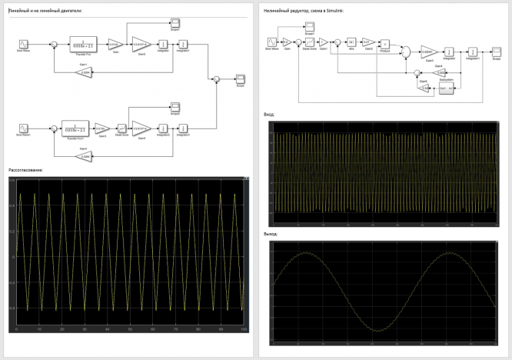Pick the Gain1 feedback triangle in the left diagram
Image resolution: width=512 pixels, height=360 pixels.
click(x=87, y=72)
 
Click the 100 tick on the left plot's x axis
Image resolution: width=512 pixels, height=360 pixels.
click(x=244, y=329)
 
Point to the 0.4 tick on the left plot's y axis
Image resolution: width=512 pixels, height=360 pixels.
click(x=12, y=205)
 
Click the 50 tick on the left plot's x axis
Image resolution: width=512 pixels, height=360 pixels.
click(x=129, y=329)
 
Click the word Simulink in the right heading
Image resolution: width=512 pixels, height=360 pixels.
click(x=337, y=11)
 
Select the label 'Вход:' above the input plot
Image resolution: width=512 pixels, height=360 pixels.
click(x=268, y=114)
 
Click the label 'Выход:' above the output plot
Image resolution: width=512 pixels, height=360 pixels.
click(x=270, y=234)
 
